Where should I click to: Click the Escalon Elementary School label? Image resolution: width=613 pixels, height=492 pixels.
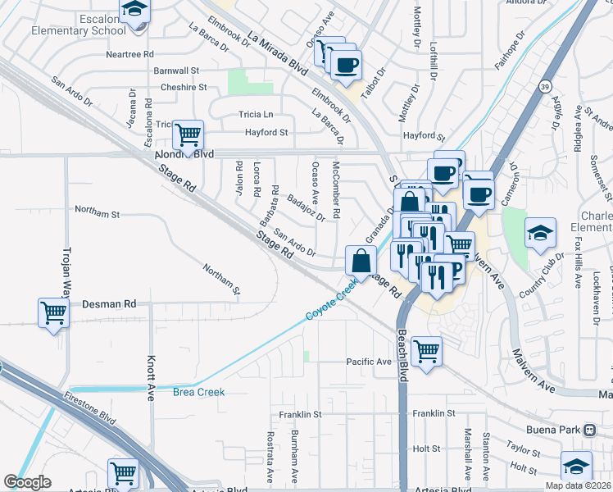(x=68, y=24)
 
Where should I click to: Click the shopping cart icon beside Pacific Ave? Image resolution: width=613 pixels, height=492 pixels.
(x=426, y=352)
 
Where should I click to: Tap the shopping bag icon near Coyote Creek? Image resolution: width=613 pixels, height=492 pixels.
(x=361, y=262)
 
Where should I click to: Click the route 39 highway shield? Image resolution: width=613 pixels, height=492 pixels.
(x=545, y=86)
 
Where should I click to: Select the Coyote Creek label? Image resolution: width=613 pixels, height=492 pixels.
(x=332, y=300)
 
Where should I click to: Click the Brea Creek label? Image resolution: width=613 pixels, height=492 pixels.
(x=198, y=392)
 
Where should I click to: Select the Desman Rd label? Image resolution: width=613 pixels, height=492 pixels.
(x=109, y=303)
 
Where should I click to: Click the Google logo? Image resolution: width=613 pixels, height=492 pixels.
(x=28, y=482)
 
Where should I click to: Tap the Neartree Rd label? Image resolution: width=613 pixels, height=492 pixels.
(x=129, y=54)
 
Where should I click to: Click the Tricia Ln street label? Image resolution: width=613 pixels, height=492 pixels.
(x=256, y=114)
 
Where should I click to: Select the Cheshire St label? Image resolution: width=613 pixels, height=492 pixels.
(x=184, y=86)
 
